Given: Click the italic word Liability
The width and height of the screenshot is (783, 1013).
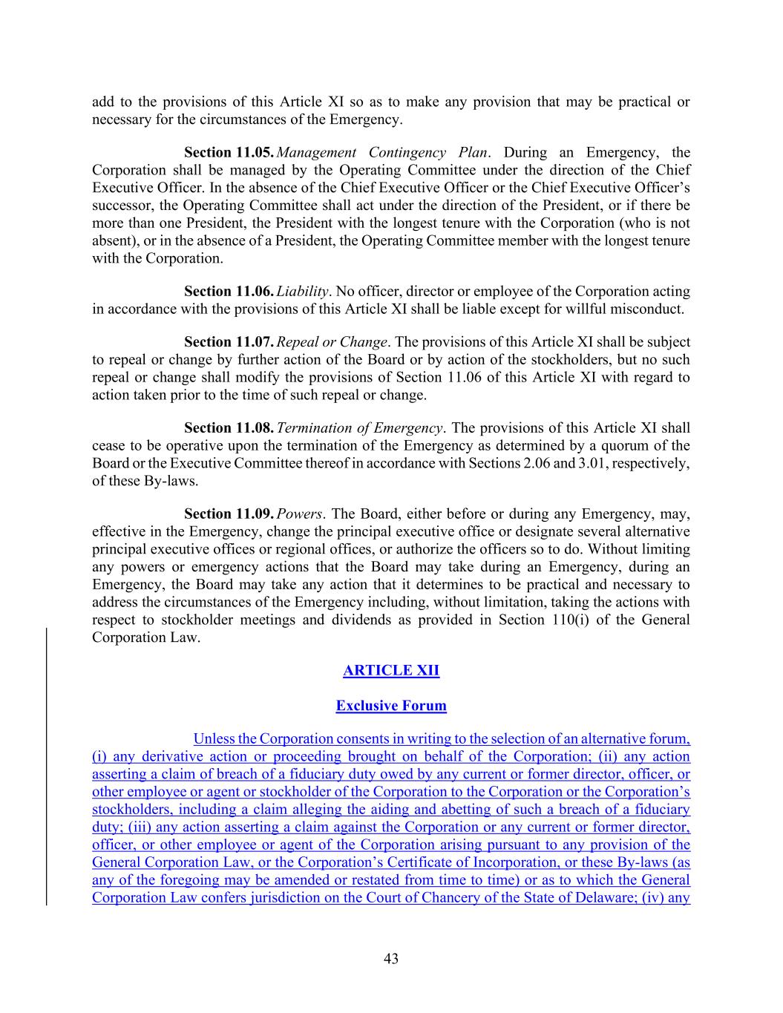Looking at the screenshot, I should pos(302,291).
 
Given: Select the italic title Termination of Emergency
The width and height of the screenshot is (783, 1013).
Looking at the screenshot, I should pos(360,428).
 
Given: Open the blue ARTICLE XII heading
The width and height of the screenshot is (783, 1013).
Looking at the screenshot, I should pos(391,671).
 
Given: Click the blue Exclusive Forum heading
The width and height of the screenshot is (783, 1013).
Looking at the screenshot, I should pos(391,706).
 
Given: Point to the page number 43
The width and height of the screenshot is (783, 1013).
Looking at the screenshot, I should pos(391,959).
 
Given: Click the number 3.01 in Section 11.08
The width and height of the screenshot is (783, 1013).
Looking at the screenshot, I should pos(597,463).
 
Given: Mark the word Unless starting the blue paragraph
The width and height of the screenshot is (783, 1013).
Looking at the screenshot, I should pos(214,738).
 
